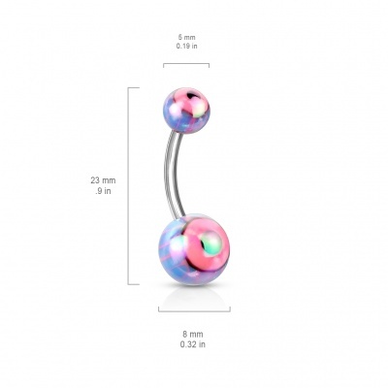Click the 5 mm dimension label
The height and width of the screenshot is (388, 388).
click(186, 38)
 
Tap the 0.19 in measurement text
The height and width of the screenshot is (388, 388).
click(186, 46)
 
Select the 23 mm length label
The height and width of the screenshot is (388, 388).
click(103, 180)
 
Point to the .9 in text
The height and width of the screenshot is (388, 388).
click(103, 191)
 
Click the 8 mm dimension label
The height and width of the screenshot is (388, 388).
click(193, 335)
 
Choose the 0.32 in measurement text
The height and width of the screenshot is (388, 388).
click(193, 344)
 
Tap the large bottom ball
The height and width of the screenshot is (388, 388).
click(194, 249)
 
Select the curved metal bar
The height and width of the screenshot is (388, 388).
click(174, 173)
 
